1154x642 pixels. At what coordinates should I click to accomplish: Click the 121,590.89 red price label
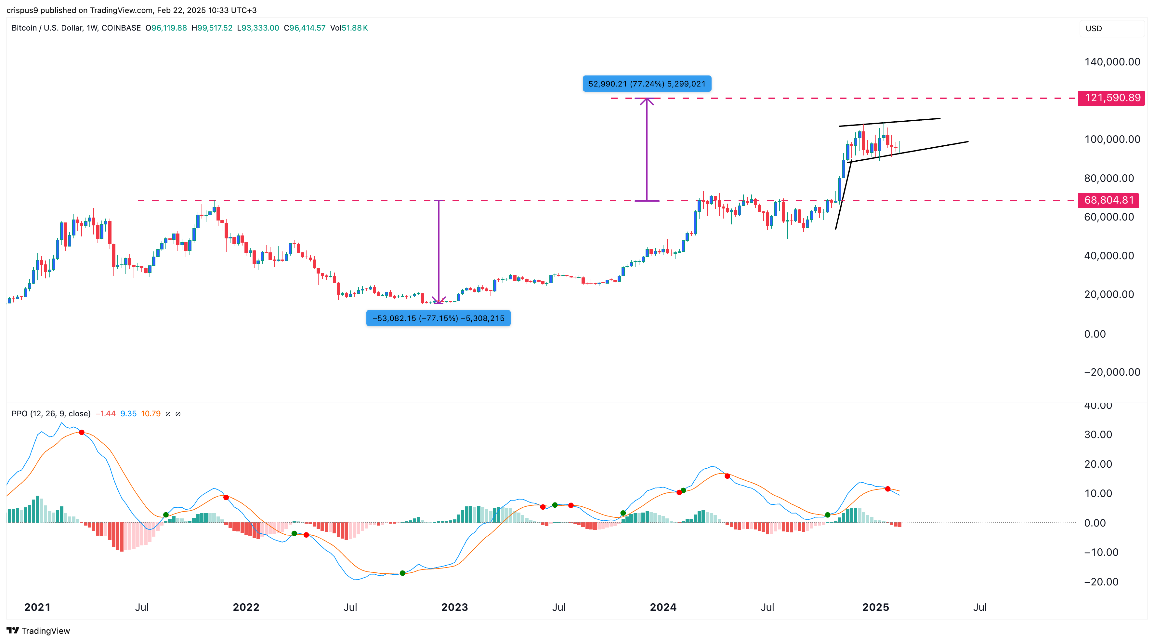click(x=1111, y=98)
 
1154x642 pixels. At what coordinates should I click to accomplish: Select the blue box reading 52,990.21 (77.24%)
click(x=647, y=84)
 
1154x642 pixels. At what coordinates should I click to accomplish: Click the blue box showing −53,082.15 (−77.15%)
click(x=438, y=318)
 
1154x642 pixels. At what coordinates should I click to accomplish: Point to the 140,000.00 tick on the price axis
click(x=1112, y=62)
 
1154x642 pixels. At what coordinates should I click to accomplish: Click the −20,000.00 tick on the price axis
click(x=1112, y=372)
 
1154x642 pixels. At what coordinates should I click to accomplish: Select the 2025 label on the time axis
click(x=875, y=607)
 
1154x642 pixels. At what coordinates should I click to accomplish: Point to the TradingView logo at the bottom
click(x=39, y=631)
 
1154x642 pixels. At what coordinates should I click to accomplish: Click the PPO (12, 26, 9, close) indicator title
click(x=51, y=413)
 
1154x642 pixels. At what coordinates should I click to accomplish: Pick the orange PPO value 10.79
click(x=151, y=413)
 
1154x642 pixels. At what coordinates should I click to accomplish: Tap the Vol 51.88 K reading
click(x=349, y=28)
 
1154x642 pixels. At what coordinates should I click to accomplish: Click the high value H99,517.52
click(x=212, y=28)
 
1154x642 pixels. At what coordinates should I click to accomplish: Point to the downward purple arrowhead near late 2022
click(x=439, y=301)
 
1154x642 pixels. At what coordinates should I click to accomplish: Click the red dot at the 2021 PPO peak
click(x=82, y=432)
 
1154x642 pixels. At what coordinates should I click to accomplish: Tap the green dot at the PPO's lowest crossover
click(x=402, y=573)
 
